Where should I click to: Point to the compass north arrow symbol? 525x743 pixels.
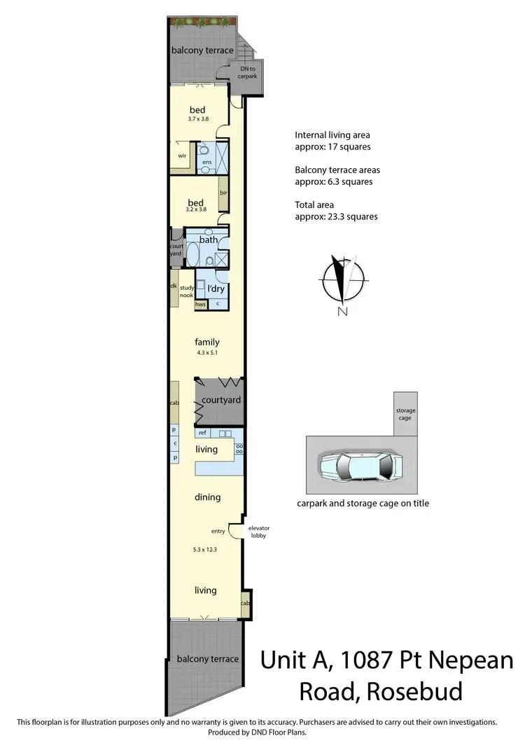342,280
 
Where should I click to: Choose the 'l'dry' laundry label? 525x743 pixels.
215,289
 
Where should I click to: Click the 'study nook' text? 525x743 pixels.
186,291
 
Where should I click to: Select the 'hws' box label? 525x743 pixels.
200,305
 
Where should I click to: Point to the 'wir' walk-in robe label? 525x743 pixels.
181,155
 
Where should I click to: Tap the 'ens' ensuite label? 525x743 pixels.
206,162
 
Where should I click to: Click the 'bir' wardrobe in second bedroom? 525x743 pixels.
223,193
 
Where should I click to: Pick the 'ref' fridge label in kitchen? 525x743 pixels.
202,433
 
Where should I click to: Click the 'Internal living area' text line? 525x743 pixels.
332,134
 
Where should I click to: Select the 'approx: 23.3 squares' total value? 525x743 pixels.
336,216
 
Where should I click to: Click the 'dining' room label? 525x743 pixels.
207,497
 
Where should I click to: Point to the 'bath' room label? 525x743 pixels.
209,239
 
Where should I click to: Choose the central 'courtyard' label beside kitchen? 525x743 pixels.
221,400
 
